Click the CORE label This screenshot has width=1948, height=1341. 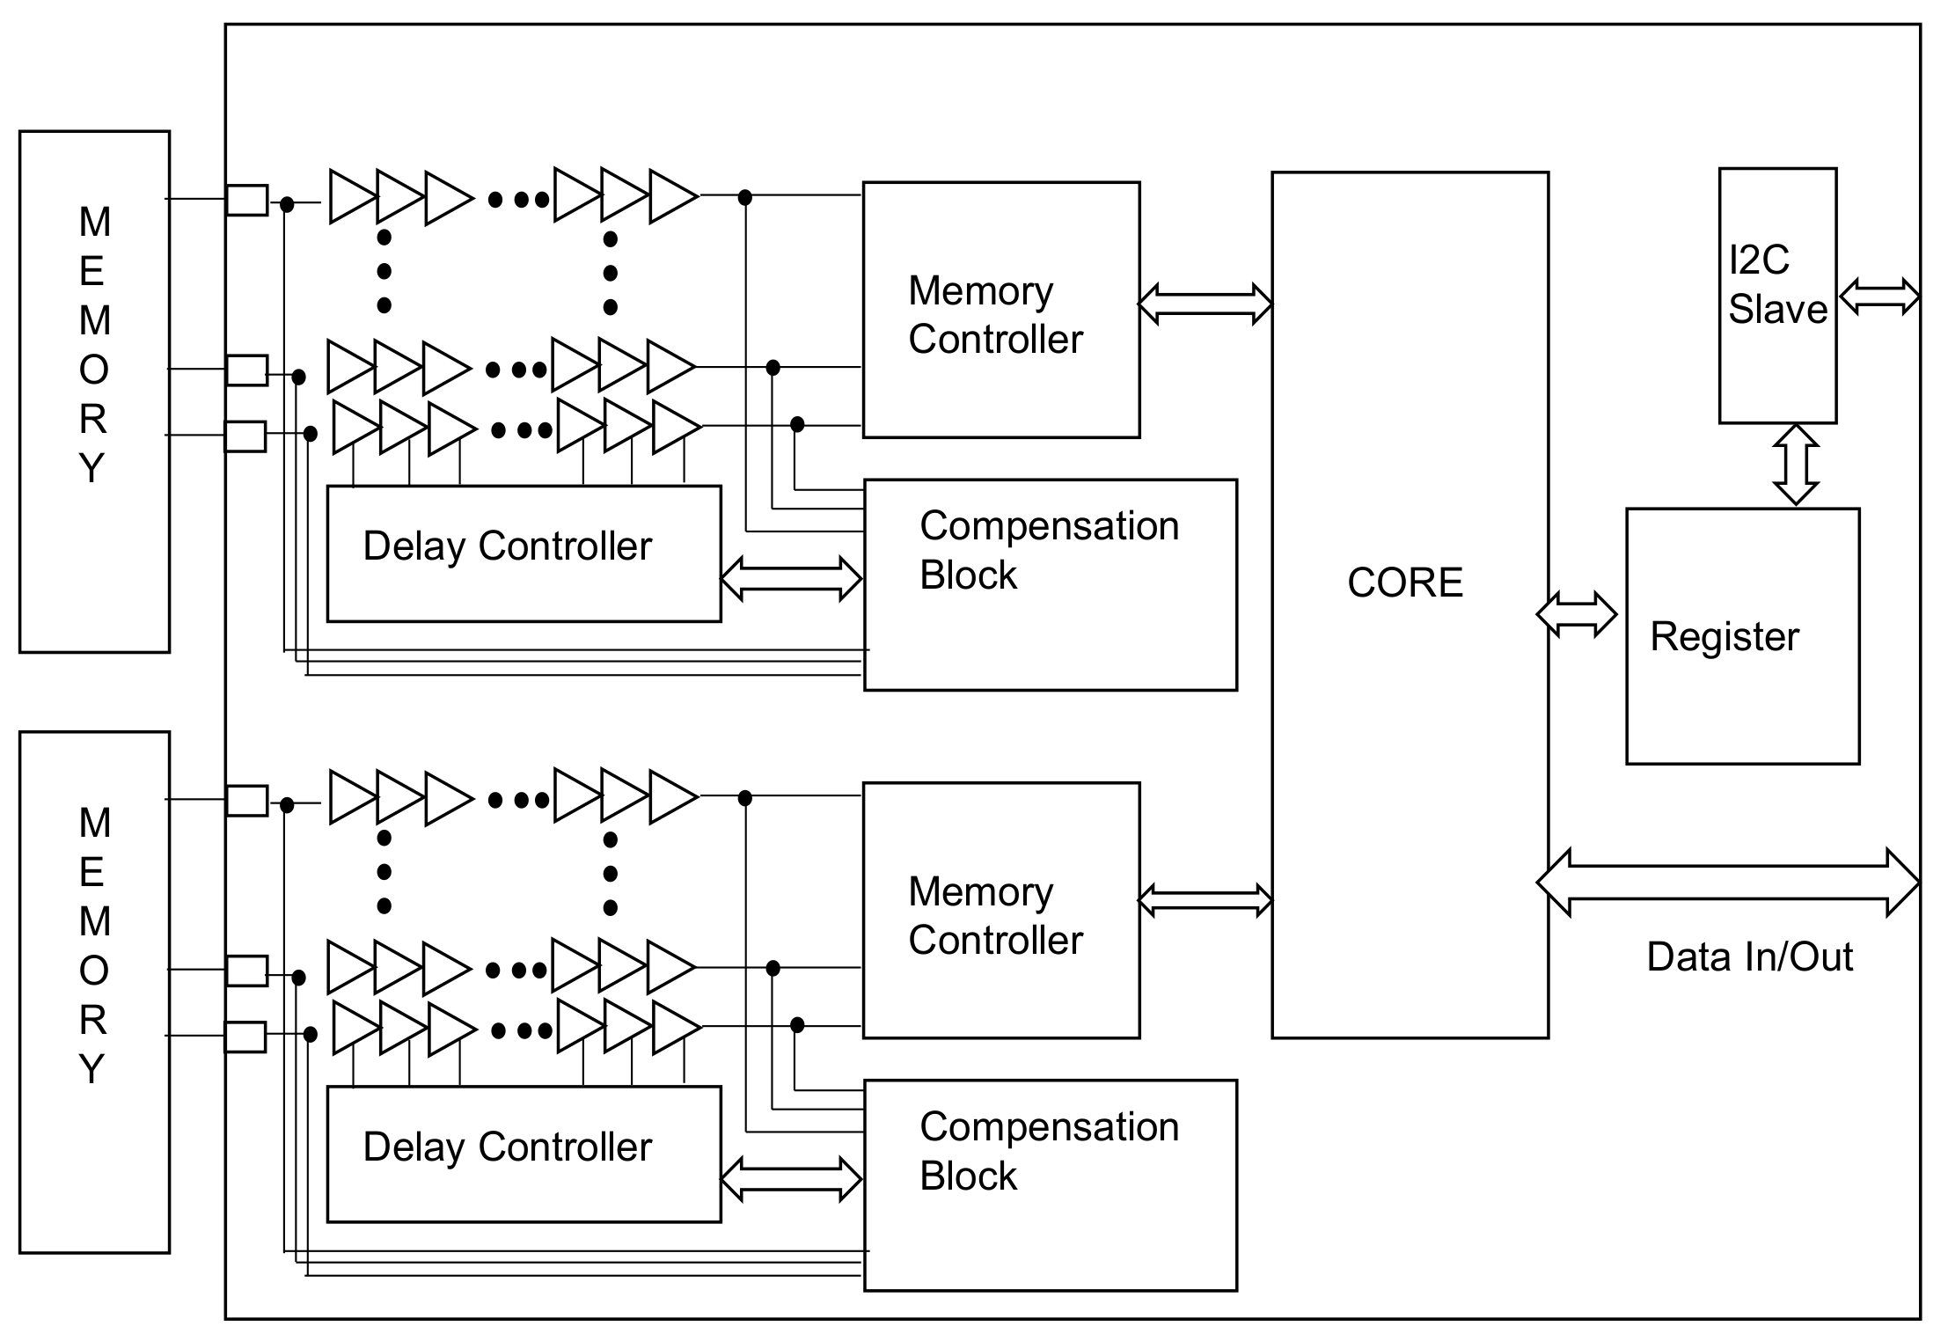pos(1404,583)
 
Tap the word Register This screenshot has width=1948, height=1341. pos(1724,636)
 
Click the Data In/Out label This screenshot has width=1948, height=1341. pos(1749,956)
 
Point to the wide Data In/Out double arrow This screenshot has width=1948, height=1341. pos(1727,882)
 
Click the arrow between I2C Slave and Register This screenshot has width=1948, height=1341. pos(1795,465)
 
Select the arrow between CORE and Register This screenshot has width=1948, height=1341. pos(1576,614)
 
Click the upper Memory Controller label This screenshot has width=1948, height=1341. pos(994,315)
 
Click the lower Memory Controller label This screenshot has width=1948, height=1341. pos(994,916)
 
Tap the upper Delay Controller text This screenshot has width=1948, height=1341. pos(507,546)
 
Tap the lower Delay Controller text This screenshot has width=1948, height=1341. pos(507,1147)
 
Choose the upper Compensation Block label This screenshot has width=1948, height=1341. pos(1048,550)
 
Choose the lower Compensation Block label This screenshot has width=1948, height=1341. pos(1048,1151)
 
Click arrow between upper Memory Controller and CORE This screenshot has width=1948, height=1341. pos(1205,304)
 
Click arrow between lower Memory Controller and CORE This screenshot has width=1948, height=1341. pos(1205,900)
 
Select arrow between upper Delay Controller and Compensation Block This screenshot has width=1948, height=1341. pos(790,578)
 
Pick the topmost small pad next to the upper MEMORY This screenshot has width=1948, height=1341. pos(246,200)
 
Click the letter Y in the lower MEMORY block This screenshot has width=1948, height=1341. pos(92,1069)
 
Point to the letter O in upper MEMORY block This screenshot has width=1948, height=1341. pos(93,370)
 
